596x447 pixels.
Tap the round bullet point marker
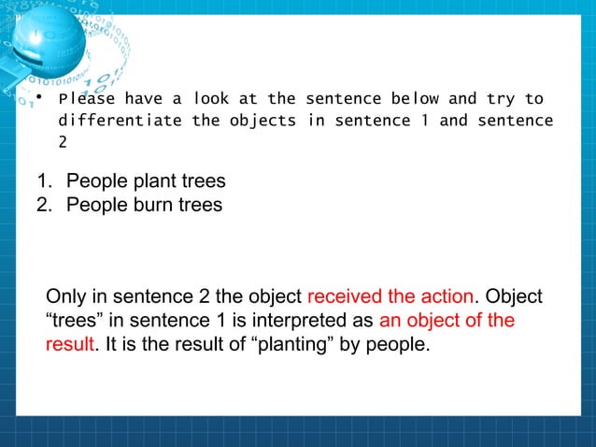tap(37, 97)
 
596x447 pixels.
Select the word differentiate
tap(121, 121)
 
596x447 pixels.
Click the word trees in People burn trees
tap(200, 204)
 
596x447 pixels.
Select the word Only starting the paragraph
tap(65, 297)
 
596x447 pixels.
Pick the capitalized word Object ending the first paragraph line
tap(513, 297)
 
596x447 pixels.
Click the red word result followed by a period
tap(70, 344)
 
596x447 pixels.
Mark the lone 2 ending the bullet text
tap(64, 142)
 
